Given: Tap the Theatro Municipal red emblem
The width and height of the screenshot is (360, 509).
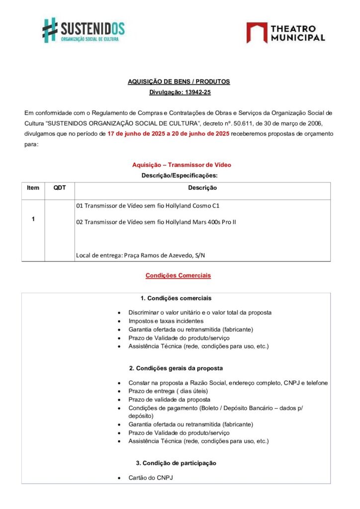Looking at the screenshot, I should point(257,32).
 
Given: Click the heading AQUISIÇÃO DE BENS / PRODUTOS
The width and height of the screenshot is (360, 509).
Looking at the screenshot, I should point(179,82).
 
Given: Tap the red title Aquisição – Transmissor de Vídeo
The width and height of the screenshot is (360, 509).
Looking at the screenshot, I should point(181,165).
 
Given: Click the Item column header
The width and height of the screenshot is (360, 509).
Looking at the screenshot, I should point(33,188).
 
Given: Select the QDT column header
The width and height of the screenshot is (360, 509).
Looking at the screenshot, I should point(60,188).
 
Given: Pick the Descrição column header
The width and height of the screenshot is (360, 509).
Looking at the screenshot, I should point(202,188).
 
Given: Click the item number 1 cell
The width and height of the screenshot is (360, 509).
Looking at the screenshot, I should point(33,219).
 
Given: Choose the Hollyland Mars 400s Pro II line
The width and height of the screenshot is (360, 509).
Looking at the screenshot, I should point(156,222).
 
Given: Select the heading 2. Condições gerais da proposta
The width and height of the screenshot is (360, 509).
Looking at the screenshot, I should point(176,368).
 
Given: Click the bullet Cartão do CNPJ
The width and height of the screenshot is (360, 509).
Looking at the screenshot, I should point(151,478).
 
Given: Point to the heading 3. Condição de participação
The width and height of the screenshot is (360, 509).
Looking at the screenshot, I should point(176,463).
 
